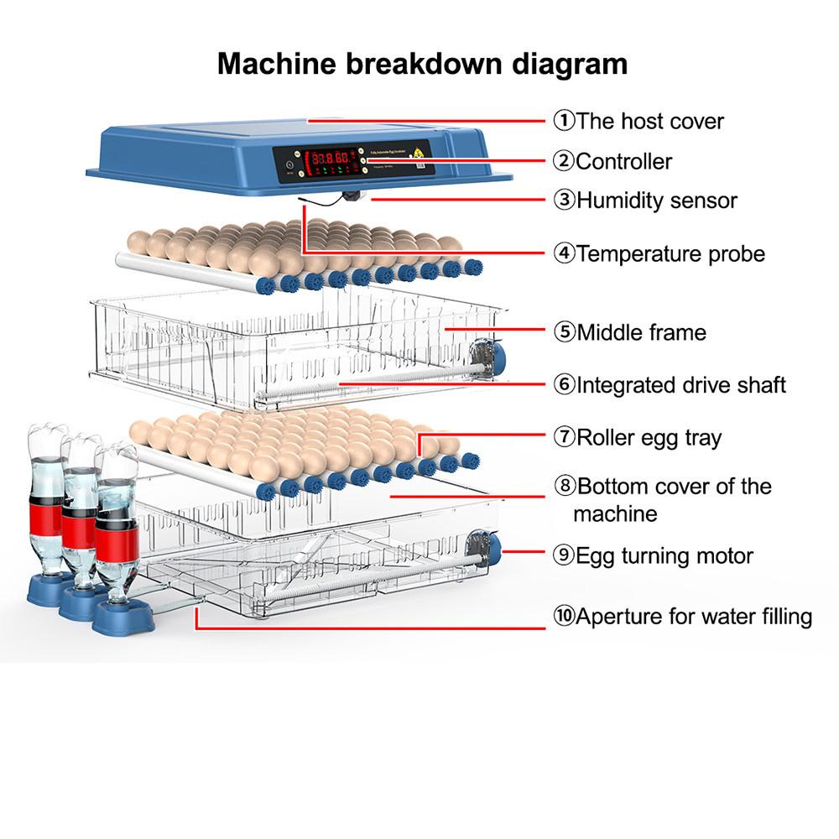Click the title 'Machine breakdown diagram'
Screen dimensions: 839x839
coord(422,64)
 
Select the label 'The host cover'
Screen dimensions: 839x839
coord(649,121)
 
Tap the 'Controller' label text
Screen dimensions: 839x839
coord(623,161)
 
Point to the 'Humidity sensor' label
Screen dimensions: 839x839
coord(656,201)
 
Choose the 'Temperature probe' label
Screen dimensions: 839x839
coord(670,253)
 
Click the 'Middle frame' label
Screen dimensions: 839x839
coord(641,332)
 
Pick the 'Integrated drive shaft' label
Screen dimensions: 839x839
coord(680,385)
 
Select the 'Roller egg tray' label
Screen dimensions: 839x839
coord(648,437)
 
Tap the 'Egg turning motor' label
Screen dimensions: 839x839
coord(664,555)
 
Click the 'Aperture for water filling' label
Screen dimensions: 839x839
coord(693,617)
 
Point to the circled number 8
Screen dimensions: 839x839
coord(564,487)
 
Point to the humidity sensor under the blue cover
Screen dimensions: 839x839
coord(353,196)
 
